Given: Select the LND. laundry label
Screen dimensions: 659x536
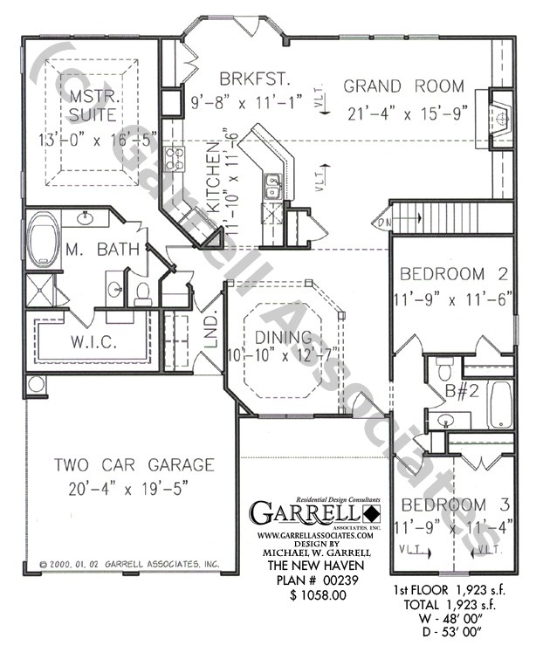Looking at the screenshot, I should click(x=210, y=340).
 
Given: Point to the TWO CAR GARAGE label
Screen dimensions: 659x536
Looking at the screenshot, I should click(x=133, y=465).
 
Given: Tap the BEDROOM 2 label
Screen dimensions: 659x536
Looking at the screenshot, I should click(x=453, y=275).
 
